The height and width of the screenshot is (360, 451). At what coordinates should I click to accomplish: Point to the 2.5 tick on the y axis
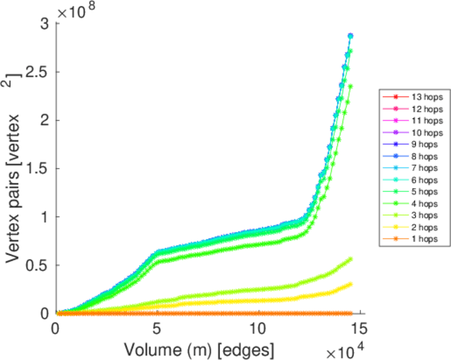(40, 72)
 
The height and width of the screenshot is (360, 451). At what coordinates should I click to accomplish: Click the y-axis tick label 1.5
(40, 169)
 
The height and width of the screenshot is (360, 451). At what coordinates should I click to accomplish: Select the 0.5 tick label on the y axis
(40, 265)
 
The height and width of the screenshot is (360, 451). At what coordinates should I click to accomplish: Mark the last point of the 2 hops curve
(350, 284)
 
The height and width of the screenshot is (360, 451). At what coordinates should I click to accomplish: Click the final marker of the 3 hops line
(350, 259)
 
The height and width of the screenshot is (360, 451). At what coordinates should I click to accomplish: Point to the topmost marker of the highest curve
(350, 36)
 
